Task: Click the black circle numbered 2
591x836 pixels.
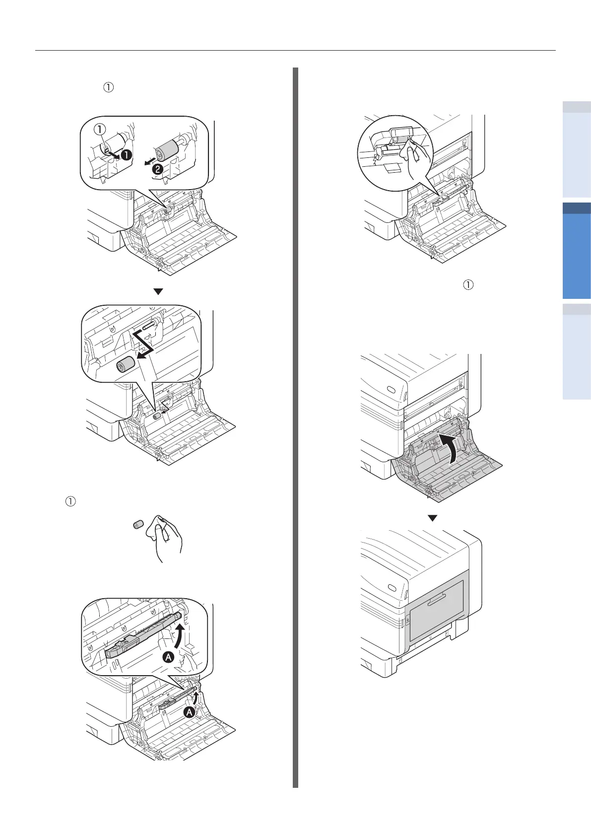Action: (157, 169)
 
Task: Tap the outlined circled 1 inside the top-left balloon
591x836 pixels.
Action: (100, 129)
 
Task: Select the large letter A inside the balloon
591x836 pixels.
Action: (169, 657)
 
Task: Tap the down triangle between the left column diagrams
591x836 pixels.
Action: (158, 292)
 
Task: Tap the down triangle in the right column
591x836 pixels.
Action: (433, 518)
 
